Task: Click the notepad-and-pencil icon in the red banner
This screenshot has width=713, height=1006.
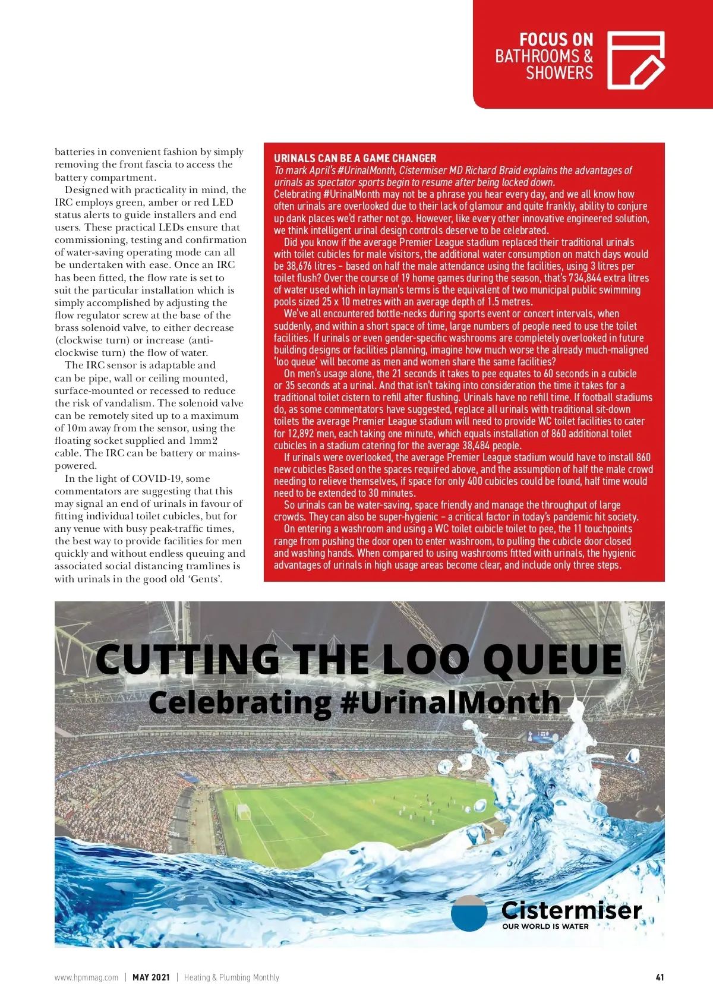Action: tap(635, 60)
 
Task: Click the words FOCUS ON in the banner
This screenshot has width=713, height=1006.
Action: tap(556, 40)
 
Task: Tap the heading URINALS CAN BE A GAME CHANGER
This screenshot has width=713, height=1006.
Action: tap(355, 158)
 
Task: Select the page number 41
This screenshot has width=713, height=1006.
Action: tap(660, 977)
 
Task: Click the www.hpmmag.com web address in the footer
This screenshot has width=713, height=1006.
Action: tap(86, 977)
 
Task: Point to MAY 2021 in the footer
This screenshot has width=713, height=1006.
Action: tap(151, 977)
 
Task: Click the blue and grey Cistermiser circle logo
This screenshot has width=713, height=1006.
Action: tap(469, 913)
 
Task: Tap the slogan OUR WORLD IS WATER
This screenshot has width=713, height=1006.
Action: tap(545, 926)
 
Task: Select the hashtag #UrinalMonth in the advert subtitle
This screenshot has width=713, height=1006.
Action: tap(450, 703)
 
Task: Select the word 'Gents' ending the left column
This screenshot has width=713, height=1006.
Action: tap(206, 579)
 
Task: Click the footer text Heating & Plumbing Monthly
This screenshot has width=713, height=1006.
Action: tap(231, 977)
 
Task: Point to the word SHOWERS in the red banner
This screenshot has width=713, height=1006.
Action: tap(559, 73)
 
